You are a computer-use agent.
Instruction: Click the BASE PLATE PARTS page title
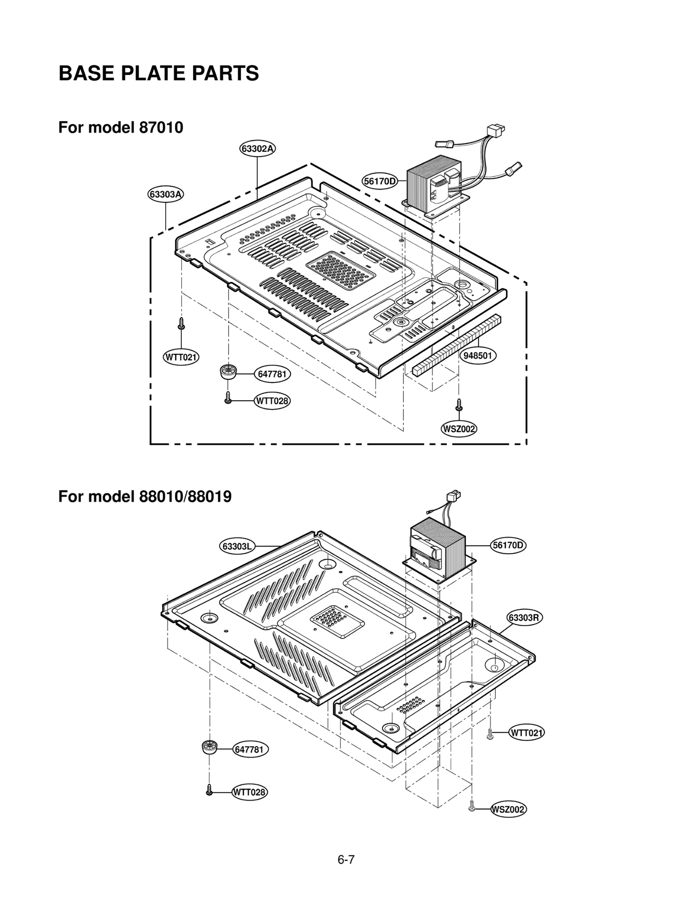coord(159,73)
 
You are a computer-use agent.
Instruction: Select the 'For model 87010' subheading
coord(121,127)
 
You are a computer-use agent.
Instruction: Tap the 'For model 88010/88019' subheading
coord(145,496)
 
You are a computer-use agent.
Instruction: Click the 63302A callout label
coord(258,149)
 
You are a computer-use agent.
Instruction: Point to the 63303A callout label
coord(165,194)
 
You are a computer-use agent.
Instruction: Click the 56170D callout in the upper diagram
coord(380,181)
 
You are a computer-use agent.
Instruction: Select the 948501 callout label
coord(478,356)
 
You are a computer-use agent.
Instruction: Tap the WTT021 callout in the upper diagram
coord(181,357)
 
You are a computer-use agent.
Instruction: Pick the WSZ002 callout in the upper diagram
coord(459,429)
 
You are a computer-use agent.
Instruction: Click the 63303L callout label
coord(237,546)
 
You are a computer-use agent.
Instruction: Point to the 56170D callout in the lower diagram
coord(508,545)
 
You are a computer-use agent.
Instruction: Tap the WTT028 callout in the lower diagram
coord(249,792)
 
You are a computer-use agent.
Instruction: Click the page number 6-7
coord(346,859)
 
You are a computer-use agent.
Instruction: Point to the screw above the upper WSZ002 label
coord(459,405)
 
